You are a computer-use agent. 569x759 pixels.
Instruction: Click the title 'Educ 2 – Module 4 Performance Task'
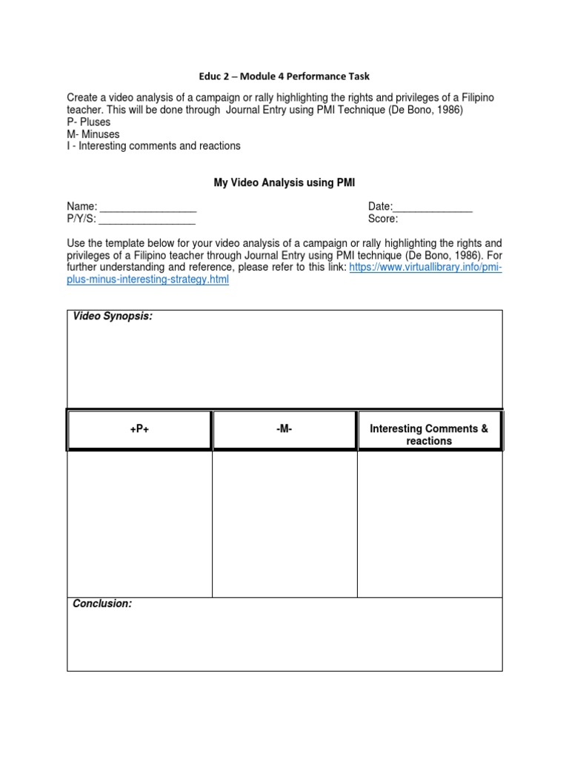coord(284,76)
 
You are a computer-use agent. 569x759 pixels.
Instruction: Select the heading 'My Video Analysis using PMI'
coord(284,183)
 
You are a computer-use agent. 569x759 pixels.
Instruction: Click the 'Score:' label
coord(383,219)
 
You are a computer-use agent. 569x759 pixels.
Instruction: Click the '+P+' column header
coord(139,429)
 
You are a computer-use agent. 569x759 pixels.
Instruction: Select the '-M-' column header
coord(284,429)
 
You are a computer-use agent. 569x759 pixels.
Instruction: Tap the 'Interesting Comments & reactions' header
coord(429,434)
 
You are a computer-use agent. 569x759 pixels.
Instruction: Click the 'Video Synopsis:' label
coord(113,317)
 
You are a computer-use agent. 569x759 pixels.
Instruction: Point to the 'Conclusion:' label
coord(102,604)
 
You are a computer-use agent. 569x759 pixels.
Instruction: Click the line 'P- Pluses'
coord(89,122)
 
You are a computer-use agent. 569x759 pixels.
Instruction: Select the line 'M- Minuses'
coord(93,134)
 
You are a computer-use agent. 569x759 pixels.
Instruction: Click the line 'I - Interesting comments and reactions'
coord(153,146)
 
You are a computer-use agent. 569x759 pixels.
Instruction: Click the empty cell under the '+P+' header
coord(139,523)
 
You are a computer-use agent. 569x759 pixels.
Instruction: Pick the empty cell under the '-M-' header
coord(284,523)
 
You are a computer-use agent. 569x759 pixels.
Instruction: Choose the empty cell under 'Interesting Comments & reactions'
coord(429,523)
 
